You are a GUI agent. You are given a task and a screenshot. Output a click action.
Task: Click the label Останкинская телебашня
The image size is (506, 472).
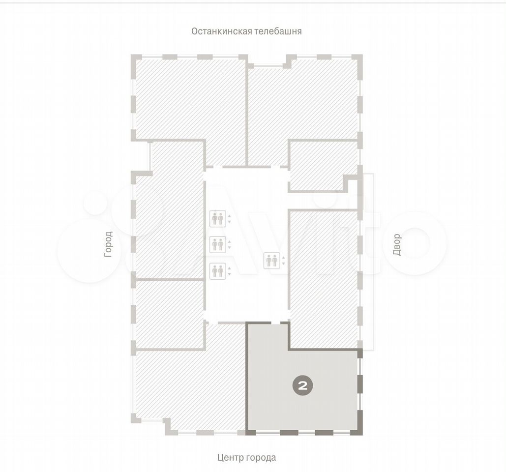tap(246, 31)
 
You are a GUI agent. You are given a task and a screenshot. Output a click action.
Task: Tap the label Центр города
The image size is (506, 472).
tap(246, 457)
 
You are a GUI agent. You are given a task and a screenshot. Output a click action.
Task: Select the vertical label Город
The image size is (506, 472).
tap(108, 244)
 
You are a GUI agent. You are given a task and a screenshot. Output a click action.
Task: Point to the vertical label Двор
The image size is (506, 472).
tap(397, 244)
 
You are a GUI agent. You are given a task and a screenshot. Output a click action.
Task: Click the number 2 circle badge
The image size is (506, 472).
tap(303, 386)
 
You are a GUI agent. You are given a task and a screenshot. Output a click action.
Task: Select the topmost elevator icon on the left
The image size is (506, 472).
tap(217, 219)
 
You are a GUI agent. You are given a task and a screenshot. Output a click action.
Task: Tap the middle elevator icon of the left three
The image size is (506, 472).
tap(217, 244)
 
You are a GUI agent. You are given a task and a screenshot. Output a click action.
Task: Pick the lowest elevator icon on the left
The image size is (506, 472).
tap(217, 271)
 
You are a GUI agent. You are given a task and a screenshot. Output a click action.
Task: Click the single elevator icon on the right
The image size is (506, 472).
tap(272, 261)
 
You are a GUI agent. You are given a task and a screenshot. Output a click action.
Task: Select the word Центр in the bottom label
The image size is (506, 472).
tap(230, 457)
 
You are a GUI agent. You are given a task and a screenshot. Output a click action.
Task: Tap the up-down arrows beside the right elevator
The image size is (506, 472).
tap(283, 261)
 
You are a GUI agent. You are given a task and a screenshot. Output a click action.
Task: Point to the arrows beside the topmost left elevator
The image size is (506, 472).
tap(229, 219)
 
